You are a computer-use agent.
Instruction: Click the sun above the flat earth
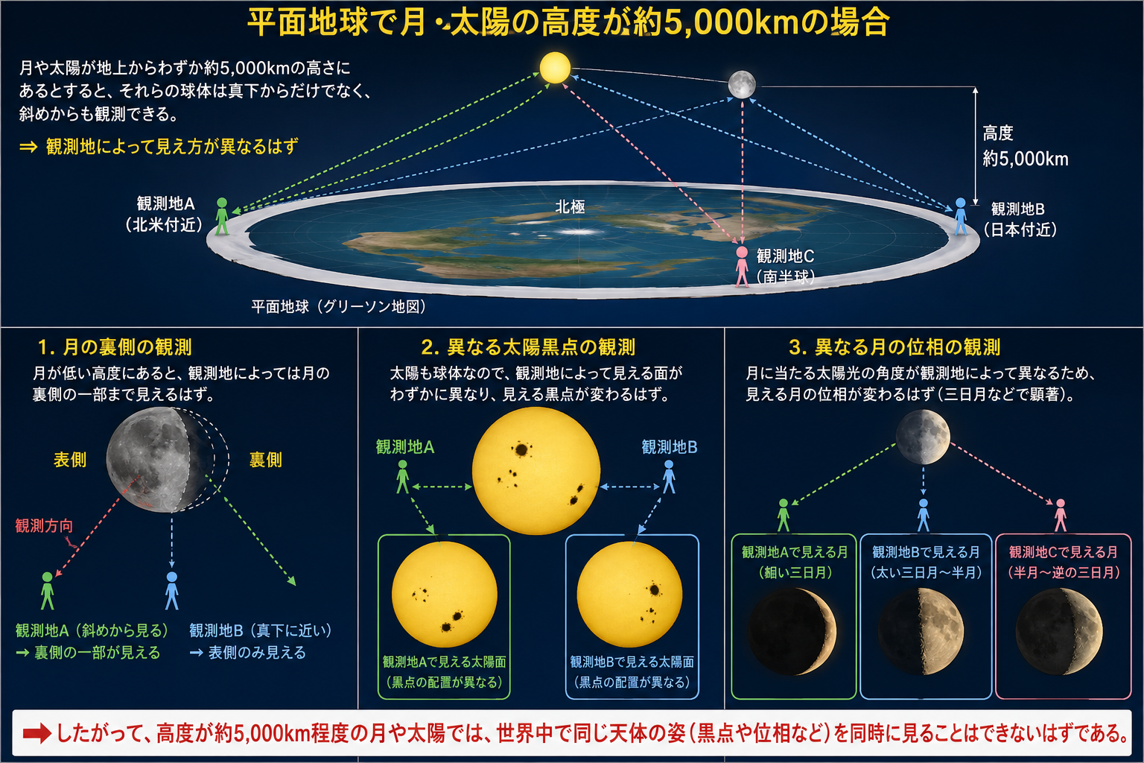(555, 68)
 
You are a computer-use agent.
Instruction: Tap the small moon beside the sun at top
(742, 84)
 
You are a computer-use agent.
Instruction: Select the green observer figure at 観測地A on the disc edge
(222, 216)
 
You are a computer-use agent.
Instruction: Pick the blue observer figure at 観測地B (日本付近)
(961, 216)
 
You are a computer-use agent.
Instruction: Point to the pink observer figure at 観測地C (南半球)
(742, 266)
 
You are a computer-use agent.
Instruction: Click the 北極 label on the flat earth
(570, 207)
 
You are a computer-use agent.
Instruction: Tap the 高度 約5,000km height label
(1025, 146)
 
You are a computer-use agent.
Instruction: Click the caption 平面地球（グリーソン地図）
(339, 307)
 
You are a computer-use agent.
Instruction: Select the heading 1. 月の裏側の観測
(115, 347)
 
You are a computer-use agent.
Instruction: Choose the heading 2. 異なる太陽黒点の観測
(528, 347)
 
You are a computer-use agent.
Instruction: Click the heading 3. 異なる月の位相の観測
(894, 347)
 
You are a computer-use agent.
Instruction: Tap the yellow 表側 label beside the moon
(70, 460)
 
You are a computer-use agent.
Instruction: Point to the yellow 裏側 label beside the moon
(266, 460)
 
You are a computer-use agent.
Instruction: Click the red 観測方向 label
(44, 526)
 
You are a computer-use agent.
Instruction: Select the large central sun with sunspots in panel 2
(536, 471)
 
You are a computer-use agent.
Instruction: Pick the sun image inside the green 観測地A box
(445, 595)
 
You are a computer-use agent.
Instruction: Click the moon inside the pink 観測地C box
(1058, 632)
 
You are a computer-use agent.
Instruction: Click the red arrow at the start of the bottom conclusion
(36, 733)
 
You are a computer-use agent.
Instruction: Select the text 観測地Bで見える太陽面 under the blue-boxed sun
(632, 662)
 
